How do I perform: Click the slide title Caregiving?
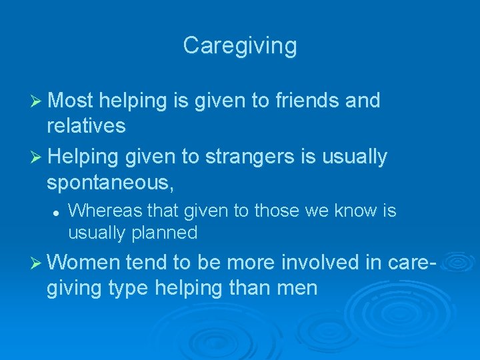pos(240,46)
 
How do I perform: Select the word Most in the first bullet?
pos(71,101)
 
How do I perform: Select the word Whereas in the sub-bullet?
pos(100,211)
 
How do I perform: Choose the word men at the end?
pos(299,289)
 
